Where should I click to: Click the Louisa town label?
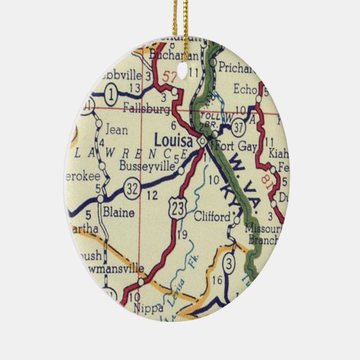coord(175,140)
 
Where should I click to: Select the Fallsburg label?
coord(147,107)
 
